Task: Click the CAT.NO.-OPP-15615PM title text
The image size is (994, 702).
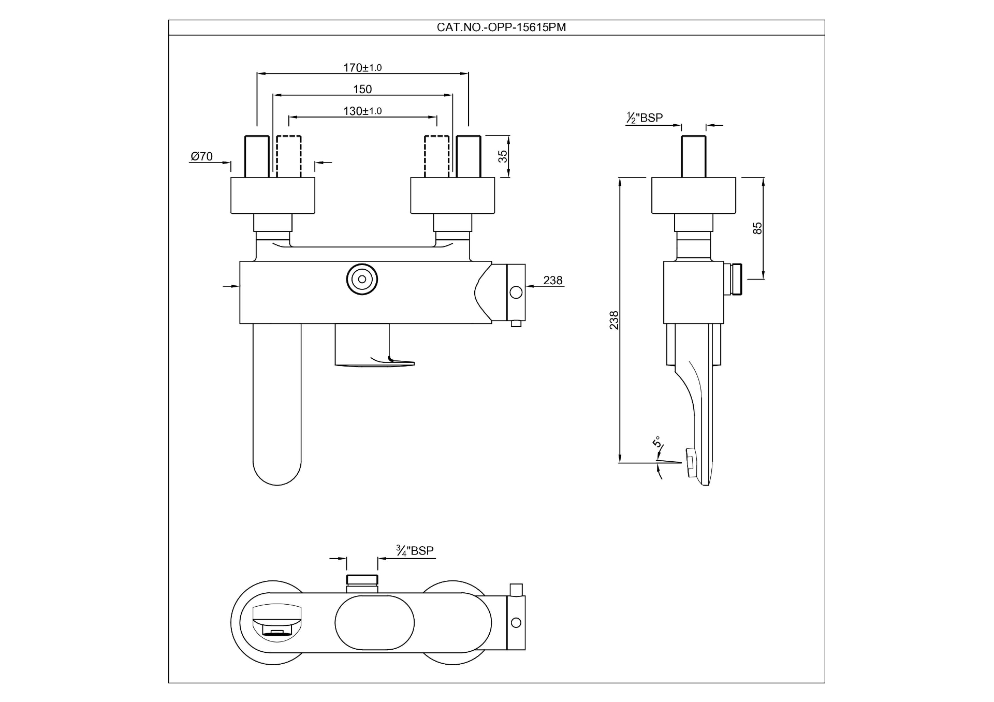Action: (501, 27)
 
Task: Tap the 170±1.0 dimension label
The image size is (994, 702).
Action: (362, 68)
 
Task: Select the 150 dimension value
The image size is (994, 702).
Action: (362, 90)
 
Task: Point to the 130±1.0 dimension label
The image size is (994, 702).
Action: (362, 111)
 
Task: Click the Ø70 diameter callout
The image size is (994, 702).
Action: (201, 156)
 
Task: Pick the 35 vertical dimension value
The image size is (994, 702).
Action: (503, 156)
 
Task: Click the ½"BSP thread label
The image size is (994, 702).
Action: (644, 118)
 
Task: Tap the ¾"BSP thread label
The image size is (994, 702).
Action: (415, 551)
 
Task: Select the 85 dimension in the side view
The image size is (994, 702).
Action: (757, 228)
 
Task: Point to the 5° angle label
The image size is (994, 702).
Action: (656, 443)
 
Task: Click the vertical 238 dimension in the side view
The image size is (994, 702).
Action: (614, 320)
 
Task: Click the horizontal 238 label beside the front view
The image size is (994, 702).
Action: (552, 281)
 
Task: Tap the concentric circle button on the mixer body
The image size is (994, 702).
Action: (362, 280)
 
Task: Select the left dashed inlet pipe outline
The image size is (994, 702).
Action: (289, 156)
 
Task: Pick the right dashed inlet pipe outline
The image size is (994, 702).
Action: (436, 156)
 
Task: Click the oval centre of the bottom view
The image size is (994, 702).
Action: (374, 623)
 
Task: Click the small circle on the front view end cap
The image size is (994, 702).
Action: (516, 292)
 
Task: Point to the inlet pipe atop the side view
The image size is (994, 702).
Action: (694, 156)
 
